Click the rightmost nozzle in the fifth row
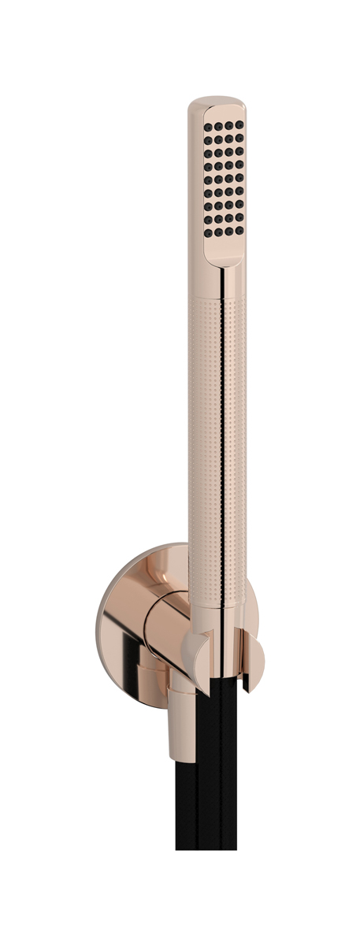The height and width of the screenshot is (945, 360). (x=239, y=168)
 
